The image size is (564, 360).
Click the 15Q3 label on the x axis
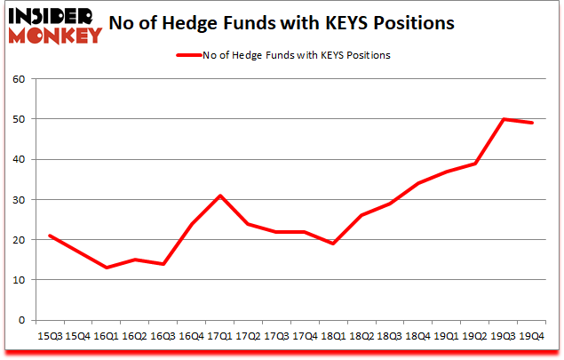click(50, 336)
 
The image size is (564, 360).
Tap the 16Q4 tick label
click(191, 336)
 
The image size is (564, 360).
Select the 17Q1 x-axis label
click(219, 336)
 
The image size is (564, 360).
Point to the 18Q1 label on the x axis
click(332, 336)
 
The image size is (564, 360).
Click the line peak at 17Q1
click(219, 196)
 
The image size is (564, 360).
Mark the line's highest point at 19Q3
click(503, 119)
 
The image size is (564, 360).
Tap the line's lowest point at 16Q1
click(106, 268)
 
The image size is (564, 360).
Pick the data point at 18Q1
click(332, 244)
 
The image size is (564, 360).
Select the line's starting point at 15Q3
click(50, 236)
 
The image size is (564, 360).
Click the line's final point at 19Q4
click(531, 123)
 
